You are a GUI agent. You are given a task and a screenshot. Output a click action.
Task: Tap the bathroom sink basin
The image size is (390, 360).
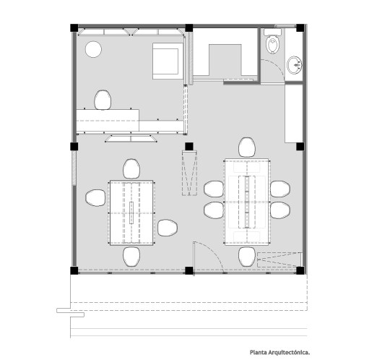(295, 65)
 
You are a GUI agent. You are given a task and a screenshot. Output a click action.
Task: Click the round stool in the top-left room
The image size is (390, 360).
(93, 49)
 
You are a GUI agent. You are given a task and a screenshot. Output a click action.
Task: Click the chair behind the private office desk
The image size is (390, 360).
(103, 100)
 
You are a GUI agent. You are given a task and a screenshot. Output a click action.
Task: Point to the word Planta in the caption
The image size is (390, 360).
(259, 353)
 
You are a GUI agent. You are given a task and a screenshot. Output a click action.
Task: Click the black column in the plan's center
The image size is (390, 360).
(189, 147)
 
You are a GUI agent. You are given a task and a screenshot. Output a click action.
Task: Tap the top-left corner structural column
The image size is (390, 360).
(74, 28)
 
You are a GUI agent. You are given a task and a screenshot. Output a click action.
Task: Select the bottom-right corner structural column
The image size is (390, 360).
(300, 270)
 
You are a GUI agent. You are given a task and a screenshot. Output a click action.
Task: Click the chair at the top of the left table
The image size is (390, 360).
(131, 169)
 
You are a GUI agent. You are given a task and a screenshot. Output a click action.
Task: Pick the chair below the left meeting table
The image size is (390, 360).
(131, 257)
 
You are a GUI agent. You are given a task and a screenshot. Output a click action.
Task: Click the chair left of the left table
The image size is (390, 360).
(95, 198)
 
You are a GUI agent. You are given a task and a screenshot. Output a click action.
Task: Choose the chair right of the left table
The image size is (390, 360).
(168, 228)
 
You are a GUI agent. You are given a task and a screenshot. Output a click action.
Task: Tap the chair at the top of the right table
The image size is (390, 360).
(247, 147)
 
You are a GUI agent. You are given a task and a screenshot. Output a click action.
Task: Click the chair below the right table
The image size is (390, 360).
(247, 257)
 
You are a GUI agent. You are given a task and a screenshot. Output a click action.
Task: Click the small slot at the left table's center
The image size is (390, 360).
(131, 213)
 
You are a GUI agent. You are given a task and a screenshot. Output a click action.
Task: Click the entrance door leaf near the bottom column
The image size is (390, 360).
(194, 258)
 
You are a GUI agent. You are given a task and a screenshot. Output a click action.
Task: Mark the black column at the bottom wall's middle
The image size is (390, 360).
(189, 270)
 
